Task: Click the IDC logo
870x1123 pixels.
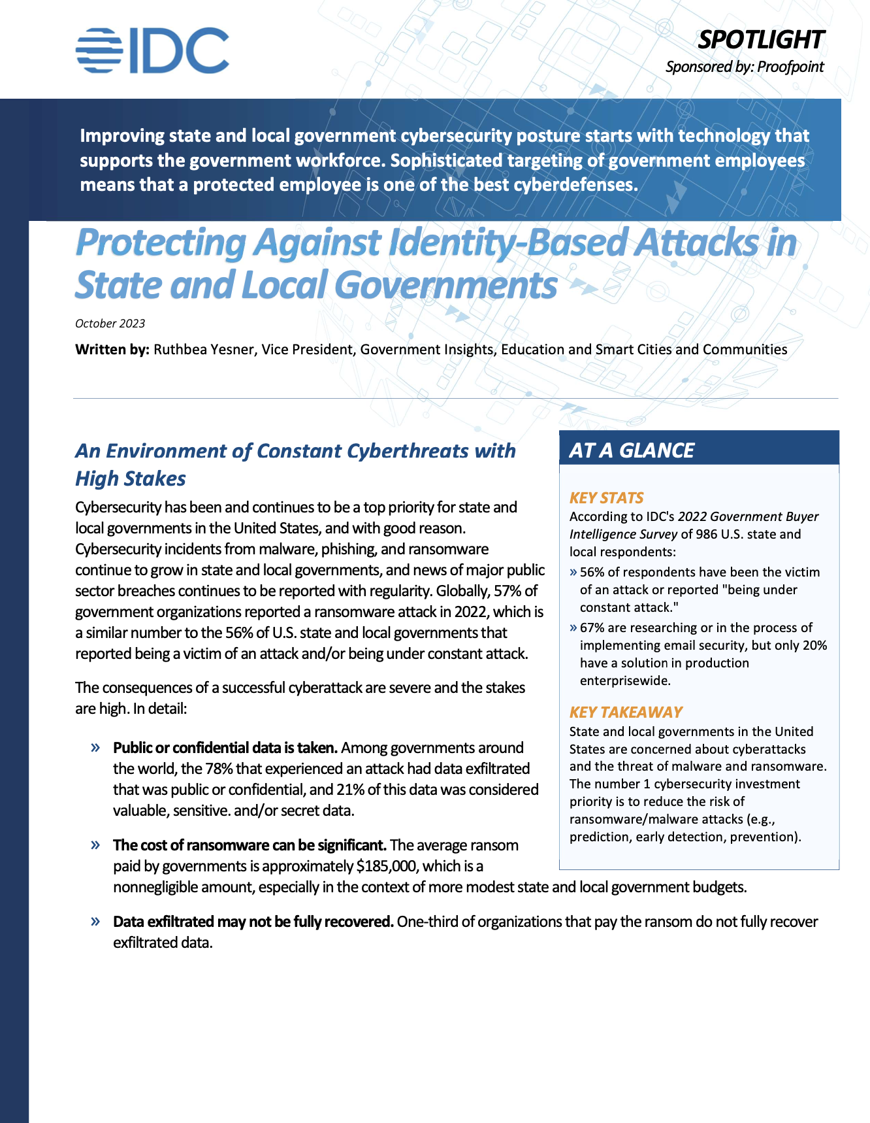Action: tap(152, 50)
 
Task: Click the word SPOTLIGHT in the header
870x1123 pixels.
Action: tap(760, 40)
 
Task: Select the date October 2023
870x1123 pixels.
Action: tap(110, 324)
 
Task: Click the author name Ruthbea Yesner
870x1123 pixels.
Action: tap(203, 350)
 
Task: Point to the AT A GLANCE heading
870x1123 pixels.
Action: tap(632, 450)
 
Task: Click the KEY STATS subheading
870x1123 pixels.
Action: tap(606, 498)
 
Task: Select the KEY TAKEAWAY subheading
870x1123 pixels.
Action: tap(626, 712)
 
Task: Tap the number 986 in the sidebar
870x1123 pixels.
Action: tap(706, 534)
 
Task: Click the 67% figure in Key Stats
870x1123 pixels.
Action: tap(592, 628)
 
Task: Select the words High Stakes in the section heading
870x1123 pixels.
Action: tap(131, 478)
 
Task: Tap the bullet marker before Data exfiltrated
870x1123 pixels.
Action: tap(95, 921)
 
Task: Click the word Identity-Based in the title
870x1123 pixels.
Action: tap(508, 243)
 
